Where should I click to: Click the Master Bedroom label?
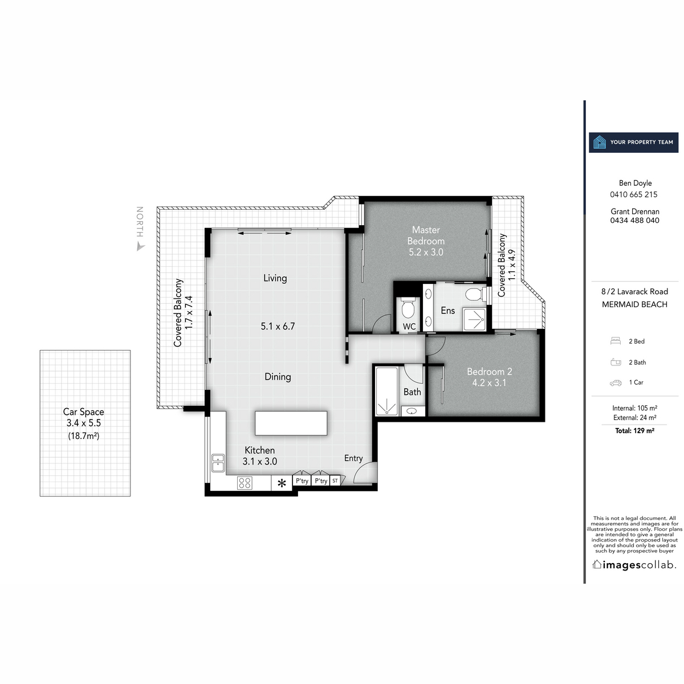click(426, 235)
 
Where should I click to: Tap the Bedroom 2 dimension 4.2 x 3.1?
click(489, 383)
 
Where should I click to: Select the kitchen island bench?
click(291, 423)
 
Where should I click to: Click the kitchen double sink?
click(218, 462)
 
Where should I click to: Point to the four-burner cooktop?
click(245, 483)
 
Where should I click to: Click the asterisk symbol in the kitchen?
click(282, 484)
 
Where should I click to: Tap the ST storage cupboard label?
click(335, 481)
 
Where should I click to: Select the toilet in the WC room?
click(408, 308)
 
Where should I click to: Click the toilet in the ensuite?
click(473, 295)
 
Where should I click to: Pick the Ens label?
click(448, 311)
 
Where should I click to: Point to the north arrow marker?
click(140, 246)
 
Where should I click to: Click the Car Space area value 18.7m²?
click(83, 437)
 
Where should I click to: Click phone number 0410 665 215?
click(634, 194)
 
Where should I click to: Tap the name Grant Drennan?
click(634, 211)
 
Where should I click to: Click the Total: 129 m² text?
click(634, 431)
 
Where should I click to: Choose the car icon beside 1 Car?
click(616, 382)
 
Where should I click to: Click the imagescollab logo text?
click(634, 565)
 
